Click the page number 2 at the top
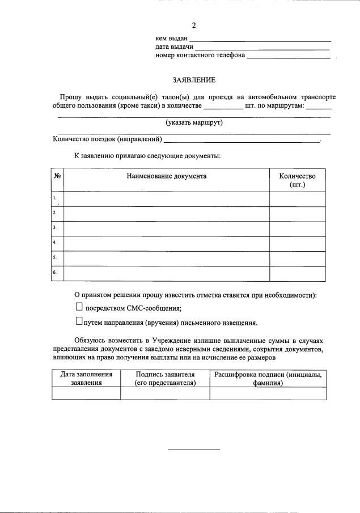(x=194, y=25)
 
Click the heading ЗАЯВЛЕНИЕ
(x=194, y=80)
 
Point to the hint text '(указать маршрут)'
(x=194, y=122)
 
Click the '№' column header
(x=57, y=176)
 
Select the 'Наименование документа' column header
(x=167, y=176)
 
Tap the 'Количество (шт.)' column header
(x=298, y=180)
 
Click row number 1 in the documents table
(x=56, y=198)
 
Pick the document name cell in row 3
(x=167, y=229)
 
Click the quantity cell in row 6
(x=298, y=273)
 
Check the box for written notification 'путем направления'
(x=79, y=322)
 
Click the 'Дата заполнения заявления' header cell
(x=86, y=379)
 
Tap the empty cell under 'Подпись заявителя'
(x=165, y=393)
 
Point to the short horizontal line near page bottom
(x=194, y=450)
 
